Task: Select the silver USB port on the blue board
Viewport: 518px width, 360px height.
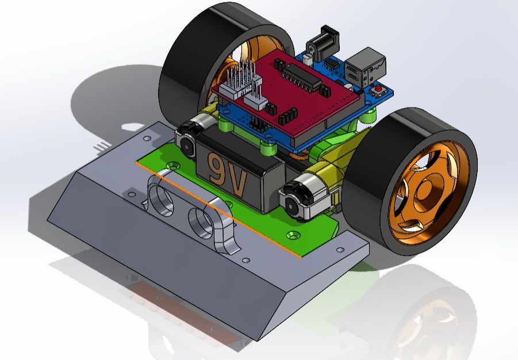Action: coord(369,65)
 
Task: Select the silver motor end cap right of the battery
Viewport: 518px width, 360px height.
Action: coord(294,201)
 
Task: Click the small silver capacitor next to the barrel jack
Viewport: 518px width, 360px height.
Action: coord(309,57)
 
